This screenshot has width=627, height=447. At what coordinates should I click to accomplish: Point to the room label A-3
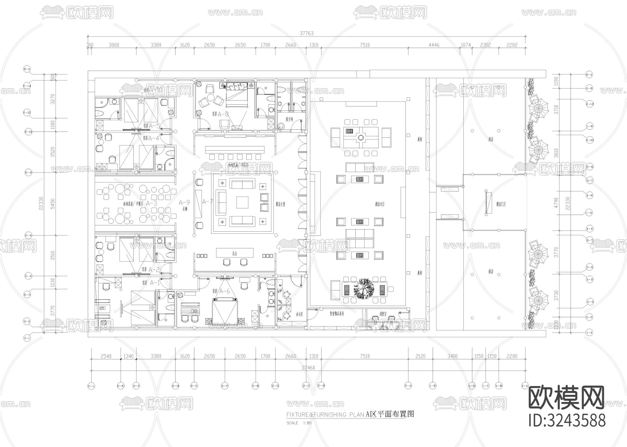tap(151, 203)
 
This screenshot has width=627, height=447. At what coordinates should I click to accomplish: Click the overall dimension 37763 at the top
tap(307, 33)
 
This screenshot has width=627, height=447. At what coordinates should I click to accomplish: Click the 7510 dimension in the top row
tap(365, 45)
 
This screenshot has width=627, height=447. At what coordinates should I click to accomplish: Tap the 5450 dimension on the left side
tap(53, 204)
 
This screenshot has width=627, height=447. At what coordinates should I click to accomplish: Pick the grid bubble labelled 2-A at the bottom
tap(408, 385)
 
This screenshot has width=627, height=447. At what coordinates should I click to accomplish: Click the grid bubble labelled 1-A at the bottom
tap(525, 385)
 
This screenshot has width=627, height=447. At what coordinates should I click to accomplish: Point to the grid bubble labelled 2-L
tap(91, 385)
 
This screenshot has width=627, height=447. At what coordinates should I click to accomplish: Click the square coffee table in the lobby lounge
tap(242, 202)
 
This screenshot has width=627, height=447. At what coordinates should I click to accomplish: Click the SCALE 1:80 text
tap(299, 423)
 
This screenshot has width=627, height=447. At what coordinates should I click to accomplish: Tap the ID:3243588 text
tap(567, 420)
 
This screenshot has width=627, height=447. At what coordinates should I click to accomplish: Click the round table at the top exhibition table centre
tap(361, 138)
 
